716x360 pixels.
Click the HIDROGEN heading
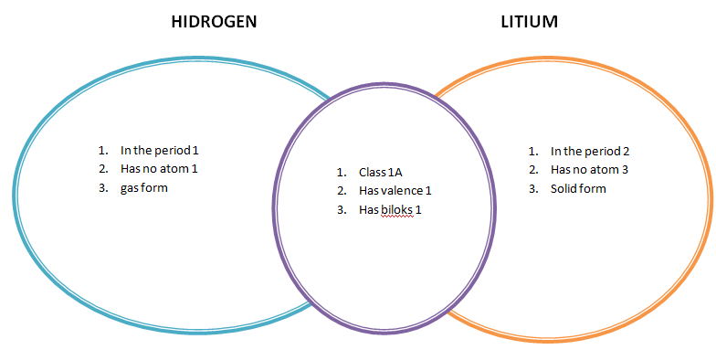coord(214,22)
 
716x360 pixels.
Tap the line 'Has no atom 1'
coord(159,169)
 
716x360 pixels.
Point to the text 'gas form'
coord(144,187)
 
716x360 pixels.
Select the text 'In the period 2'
coord(590,151)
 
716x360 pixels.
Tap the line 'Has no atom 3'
coord(590,169)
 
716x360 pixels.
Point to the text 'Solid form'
coord(578,188)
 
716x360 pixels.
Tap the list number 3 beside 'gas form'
coord(102,187)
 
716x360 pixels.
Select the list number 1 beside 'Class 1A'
coord(340,172)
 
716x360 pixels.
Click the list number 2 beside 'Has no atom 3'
coord(532,169)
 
